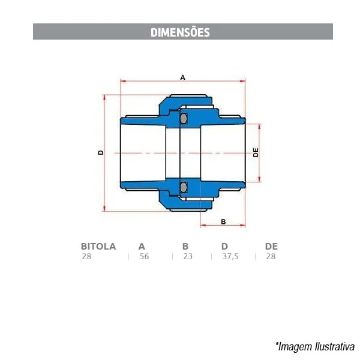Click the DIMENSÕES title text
[180, 32]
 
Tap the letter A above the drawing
[182, 77]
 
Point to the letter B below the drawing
[223, 222]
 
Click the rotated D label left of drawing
[101, 152]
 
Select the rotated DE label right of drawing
[256, 152]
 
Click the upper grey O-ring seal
[183, 118]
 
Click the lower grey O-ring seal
[183, 187]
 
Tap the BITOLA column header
[98, 247]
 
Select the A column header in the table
[142, 247]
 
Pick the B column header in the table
[185, 247]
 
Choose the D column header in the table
[224, 247]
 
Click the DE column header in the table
[271, 247]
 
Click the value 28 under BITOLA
[87, 256]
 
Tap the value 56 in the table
[144, 256]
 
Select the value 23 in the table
[188, 256]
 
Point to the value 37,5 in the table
[230, 256]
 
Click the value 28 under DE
[271, 256]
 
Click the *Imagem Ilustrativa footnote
[315, 346]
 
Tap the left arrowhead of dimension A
[123, 81]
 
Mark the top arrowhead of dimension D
[104, 97]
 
